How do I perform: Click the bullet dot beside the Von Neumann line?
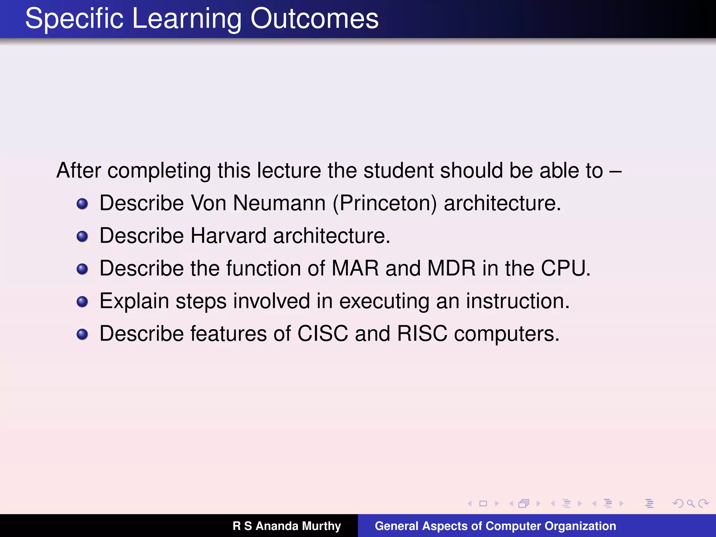82,204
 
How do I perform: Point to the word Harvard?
228,236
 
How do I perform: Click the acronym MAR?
355,268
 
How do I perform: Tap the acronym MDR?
451,268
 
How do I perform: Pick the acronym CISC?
322,334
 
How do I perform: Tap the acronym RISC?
422,334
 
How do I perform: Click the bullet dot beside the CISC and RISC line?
82,334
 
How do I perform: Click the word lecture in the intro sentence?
289,171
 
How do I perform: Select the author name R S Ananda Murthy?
287,526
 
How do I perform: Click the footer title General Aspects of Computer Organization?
495,526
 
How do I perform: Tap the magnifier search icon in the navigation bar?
690,503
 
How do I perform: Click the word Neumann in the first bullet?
279,203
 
